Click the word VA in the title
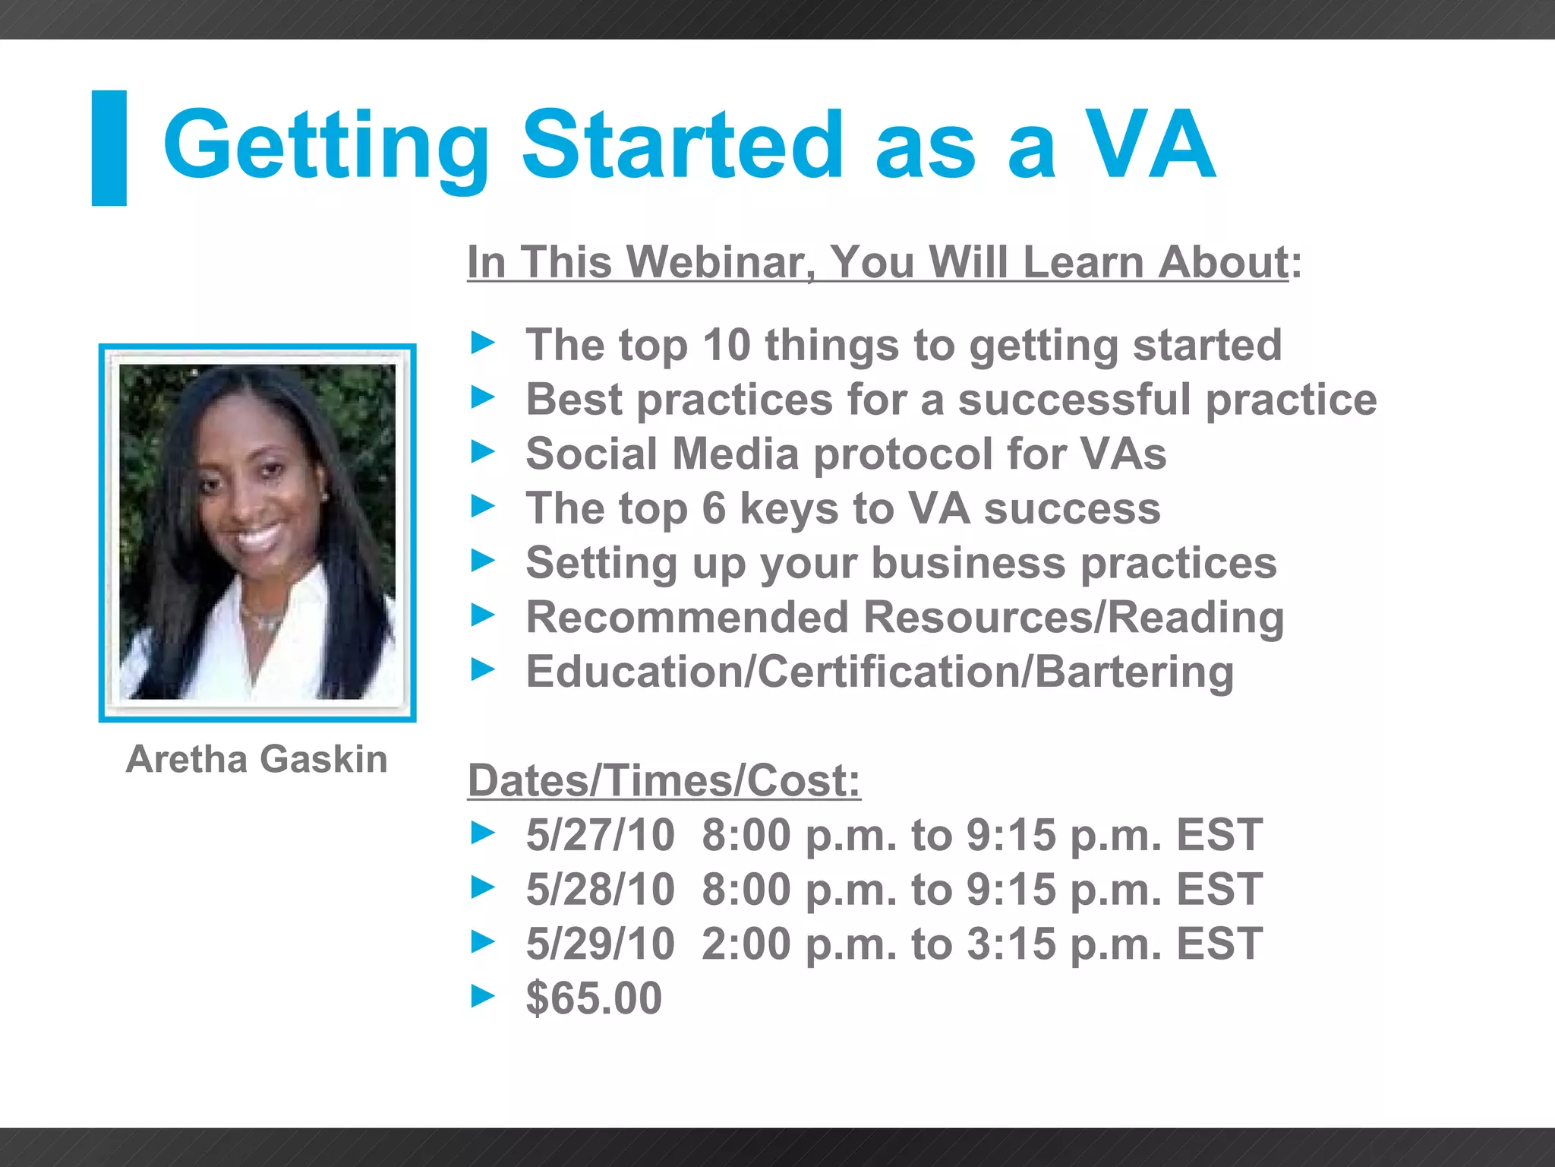point(1150,146)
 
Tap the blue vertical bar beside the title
point(109,148)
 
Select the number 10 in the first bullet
point(726,345)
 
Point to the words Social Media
point(662,454)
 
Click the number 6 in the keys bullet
point(714,508)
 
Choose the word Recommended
point(686,617)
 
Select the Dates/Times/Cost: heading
point(664,781)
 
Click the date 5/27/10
point(600,835)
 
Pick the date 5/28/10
point(600,890)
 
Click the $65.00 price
point(594,998)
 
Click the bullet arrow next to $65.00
point(483,996)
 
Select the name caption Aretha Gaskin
point(257,760)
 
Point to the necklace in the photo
point(262,620)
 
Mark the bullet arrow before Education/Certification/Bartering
point(483,670)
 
